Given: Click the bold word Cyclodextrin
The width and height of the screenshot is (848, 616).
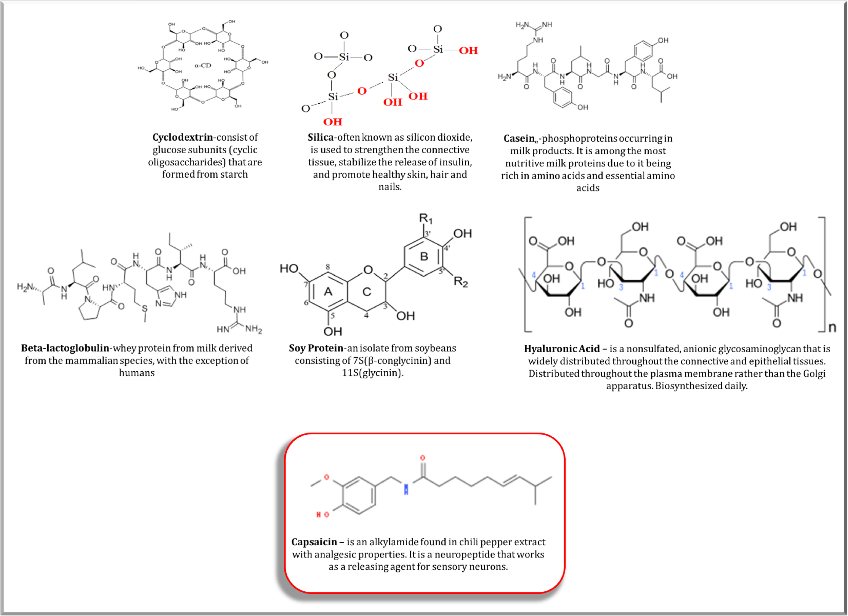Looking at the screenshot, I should coord(182,137).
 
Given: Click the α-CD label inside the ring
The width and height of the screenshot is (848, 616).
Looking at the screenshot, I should coord(203,65).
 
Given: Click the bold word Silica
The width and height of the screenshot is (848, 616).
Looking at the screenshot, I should coord(321,137).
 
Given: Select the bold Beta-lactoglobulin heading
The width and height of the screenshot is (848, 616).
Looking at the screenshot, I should coord(65,348).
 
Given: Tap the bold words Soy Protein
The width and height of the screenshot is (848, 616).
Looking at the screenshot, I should coord(316,348).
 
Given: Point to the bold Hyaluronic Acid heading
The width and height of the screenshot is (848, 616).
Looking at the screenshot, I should coord(562,349).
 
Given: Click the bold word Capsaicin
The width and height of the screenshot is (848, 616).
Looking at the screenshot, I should coord(314,542).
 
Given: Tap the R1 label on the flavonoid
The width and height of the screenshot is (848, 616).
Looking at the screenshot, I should coord(425,218).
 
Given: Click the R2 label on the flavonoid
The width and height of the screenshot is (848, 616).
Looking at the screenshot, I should coord(461,281).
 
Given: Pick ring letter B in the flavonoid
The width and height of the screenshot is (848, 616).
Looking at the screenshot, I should coord(424,256).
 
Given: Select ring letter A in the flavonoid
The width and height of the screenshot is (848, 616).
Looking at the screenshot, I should coord(328,292).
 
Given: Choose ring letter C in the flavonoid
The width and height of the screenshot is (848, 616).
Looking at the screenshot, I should coord(367,292).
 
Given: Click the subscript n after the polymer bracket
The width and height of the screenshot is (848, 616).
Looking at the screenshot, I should coord(832,328).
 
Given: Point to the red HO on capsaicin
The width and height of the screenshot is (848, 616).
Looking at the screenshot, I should coord(323,515).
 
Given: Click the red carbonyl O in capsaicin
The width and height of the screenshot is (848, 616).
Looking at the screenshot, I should coord(423,458).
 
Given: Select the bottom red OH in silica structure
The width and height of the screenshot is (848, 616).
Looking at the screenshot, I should coord(333,122).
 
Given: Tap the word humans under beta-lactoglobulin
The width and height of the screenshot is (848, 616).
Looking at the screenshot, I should coord(137,373).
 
